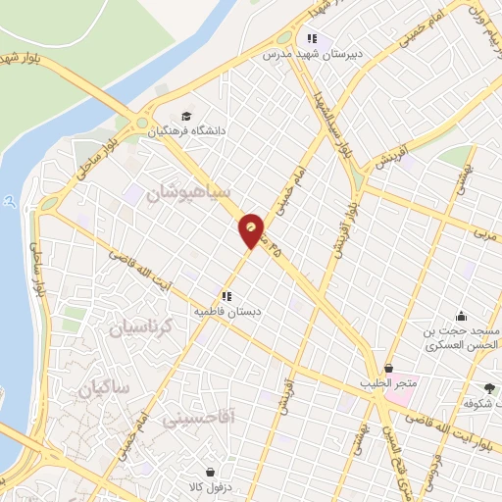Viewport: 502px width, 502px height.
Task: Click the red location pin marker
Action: [x=252, y=230]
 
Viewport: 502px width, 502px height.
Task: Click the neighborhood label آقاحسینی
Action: [x=210, y=418]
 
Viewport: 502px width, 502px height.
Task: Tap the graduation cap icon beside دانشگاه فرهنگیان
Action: [x=187, y=114]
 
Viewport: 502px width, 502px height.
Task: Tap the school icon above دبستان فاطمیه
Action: [x=226, y=295]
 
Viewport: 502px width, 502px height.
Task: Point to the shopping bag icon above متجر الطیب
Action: [x=389, y=368]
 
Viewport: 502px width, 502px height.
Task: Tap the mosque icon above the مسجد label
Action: [x=462, y=315]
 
